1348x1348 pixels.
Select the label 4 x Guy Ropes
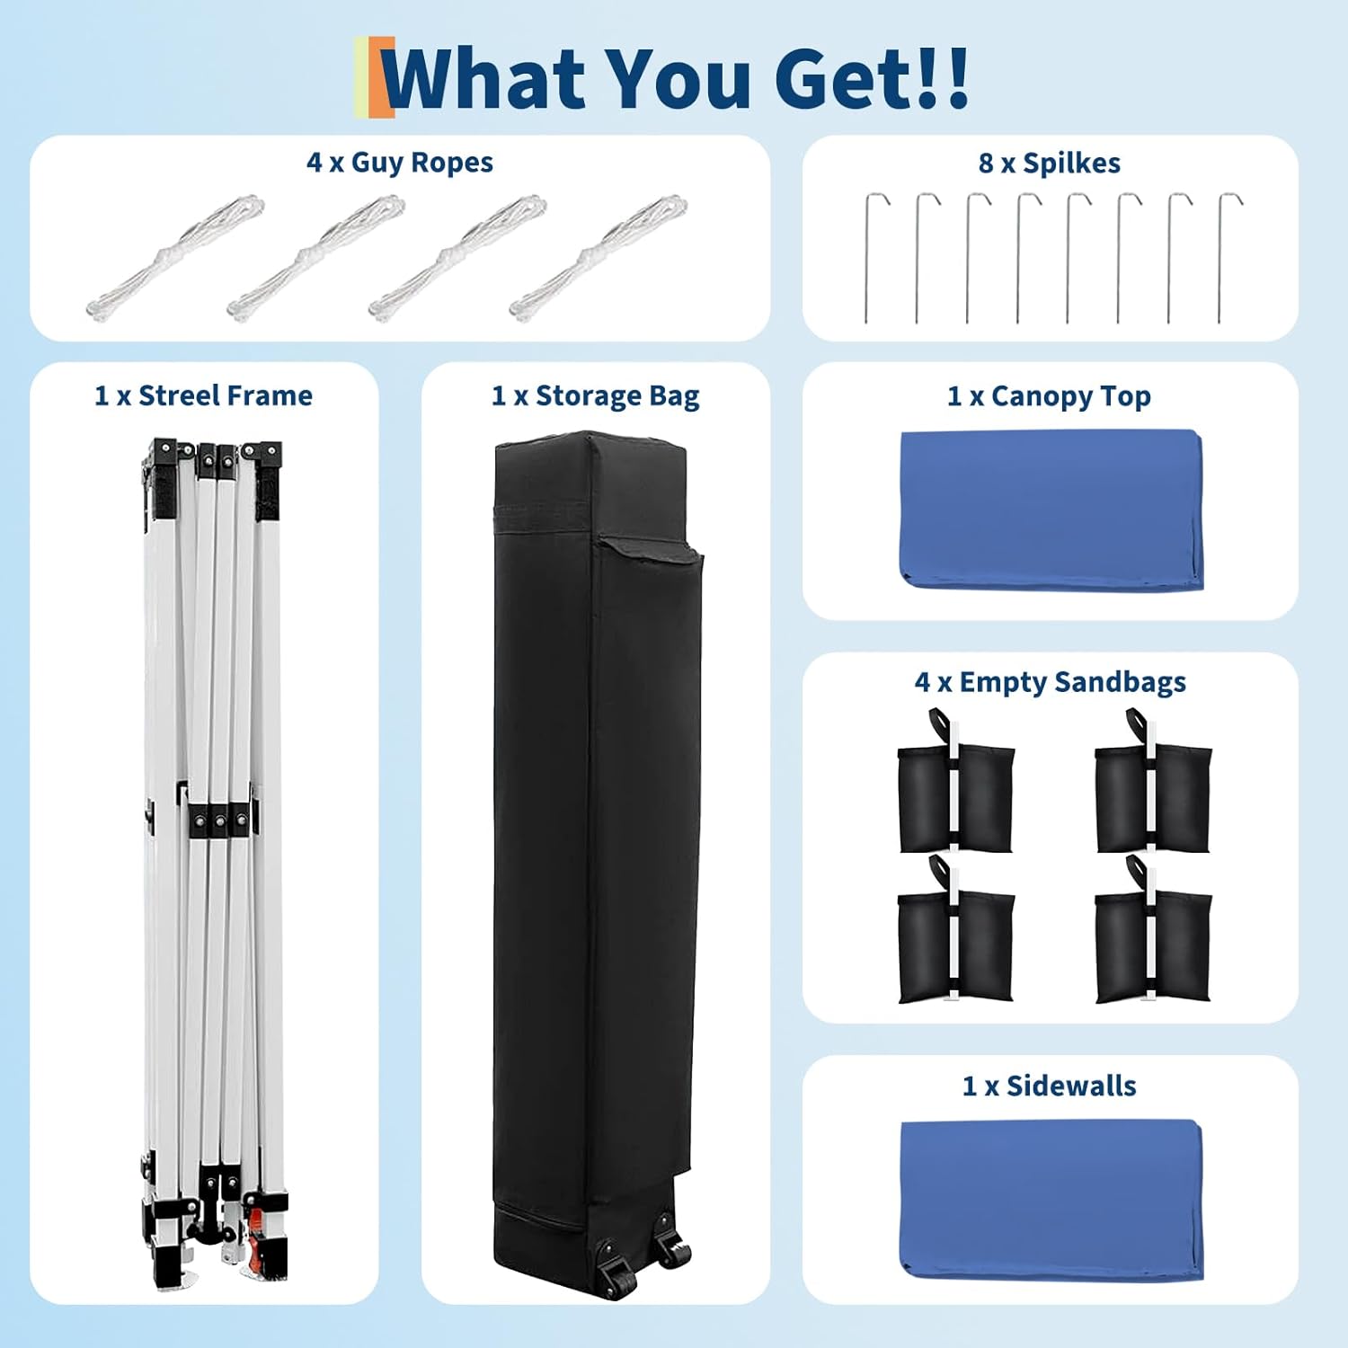[x=400, y=163]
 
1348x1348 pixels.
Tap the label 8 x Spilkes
[x=1050, y=164]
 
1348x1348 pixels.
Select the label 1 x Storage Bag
[x=596, y=396]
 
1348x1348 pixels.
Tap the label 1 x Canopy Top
[x=1050, y=396]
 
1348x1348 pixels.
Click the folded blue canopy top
[x=1051, y=510]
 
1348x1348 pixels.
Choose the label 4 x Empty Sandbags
[x=1051, y=682]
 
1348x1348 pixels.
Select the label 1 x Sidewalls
[x=1050, y=1086]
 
